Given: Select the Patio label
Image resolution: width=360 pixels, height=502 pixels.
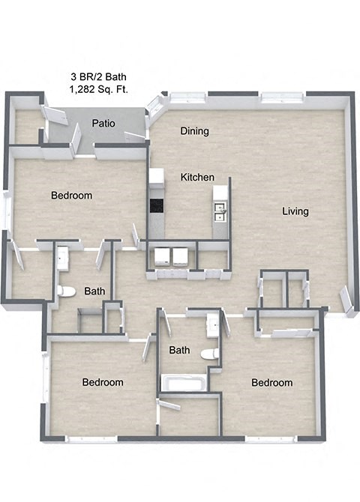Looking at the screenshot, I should tap(103, 123).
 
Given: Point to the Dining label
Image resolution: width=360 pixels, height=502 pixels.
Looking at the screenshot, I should tap(194, 131).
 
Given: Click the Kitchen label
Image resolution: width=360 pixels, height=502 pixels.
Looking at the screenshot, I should tap(197, 178).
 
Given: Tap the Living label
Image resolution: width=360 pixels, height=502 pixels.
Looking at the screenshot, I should tap(295, 211).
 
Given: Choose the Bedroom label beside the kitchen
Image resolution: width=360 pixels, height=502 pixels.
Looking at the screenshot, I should tap(71, 196).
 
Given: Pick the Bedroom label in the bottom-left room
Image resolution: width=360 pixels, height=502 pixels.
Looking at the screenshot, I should tap(103, 382).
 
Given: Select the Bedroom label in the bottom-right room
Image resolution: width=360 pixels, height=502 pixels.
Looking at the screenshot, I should tap(271, 382).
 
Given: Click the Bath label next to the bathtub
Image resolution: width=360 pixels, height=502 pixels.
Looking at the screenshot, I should tap(179, 350).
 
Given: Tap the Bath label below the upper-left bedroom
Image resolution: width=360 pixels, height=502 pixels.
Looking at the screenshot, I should tap(94, 291).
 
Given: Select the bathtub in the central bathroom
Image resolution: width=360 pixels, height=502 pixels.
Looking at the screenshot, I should tap(183, 384).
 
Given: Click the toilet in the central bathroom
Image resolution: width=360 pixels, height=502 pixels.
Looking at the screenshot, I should tap(210, 353).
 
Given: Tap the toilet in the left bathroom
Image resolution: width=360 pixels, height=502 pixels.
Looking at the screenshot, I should tap(66, 291).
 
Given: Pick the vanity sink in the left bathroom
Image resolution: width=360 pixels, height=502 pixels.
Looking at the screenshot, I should tap(63, 259).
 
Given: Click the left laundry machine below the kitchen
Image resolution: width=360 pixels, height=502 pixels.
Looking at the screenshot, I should tap(162, 256).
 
